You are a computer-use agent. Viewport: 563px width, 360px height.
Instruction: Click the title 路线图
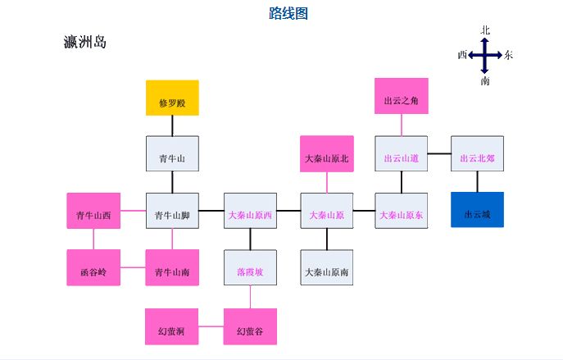tap(288, 13)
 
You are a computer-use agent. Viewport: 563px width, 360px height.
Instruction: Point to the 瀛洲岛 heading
tap(85, 43)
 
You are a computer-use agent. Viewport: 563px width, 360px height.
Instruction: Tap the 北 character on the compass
tap(485, 30)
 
